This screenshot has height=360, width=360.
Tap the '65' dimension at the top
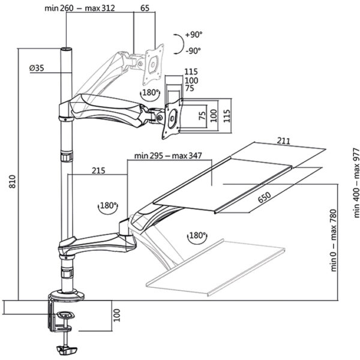pos(145,8)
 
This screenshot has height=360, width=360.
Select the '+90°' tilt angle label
pos(193,35)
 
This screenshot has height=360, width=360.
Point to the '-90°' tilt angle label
pos(193,51)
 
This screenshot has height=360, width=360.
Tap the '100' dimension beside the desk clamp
pos(118,314)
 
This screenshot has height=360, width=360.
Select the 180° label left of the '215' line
pos(107,205)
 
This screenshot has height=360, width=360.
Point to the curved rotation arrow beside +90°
pos(178,42)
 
